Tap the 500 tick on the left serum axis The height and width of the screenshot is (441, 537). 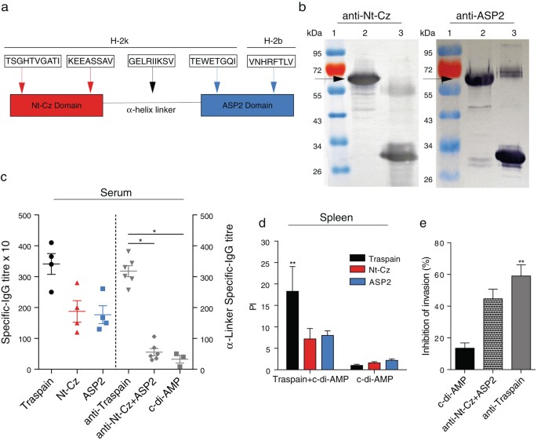point(30,216)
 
